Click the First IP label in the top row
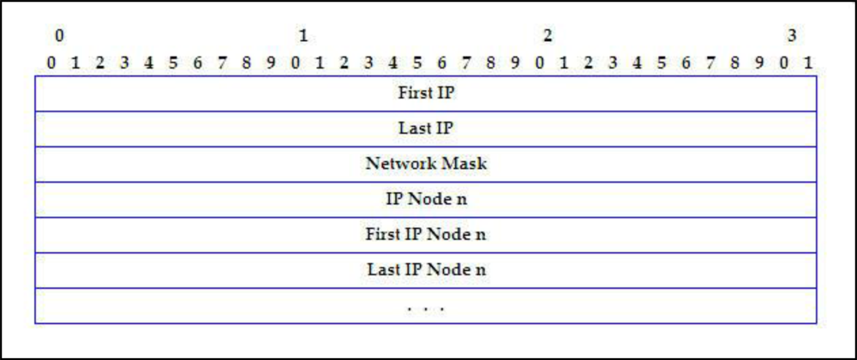[x=426, y=93]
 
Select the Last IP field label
[x=426, y=129]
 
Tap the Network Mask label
[x=426, y=164]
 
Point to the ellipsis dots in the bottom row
[x=426, y=307]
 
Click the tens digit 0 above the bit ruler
[x=58, y=36]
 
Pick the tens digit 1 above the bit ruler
[x=303, y=36]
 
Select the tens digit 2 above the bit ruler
[x=547, y=36]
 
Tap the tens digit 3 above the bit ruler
[x=792, y=36]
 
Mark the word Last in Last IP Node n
[x=382, y=270]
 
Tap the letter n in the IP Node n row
[x=463, y=200]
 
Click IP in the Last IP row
[x=443, y=129]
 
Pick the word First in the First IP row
[x=414, y=93]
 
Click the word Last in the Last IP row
[x=414, y=129]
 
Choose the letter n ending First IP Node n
[x=482, y=235]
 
